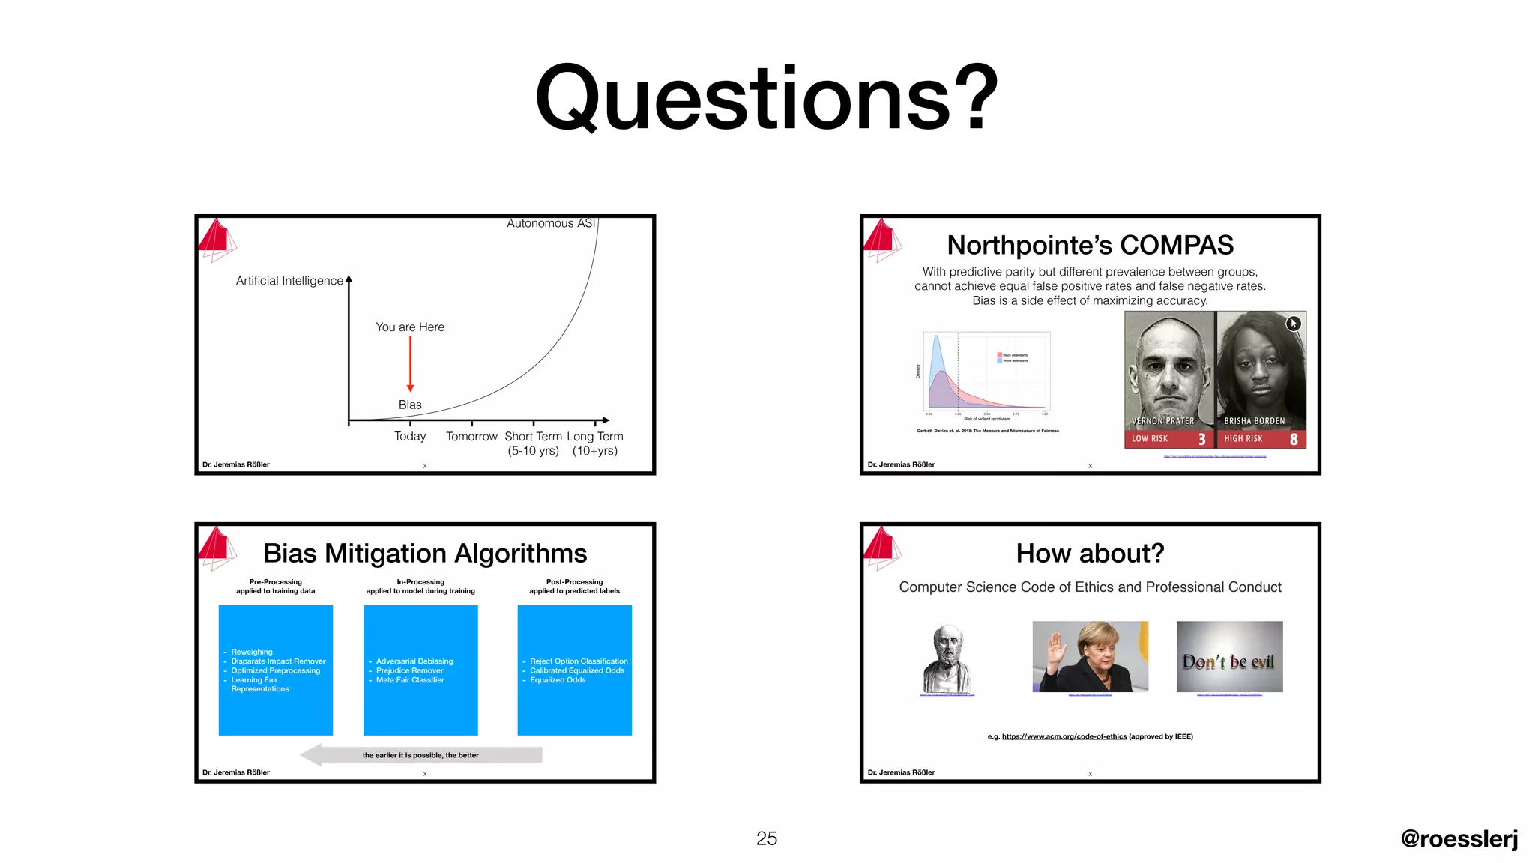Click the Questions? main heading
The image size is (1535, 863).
pos(767,98)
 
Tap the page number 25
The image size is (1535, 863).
pos(766,838)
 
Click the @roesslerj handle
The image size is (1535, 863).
pos(1459,838)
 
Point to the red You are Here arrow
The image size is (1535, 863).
pos(410,364)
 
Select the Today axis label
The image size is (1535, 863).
pos(410,436)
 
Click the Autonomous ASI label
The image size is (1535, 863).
pos(550,223)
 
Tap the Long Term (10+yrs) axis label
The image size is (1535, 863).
pos(595,443)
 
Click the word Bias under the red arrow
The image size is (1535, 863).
pos(410,405)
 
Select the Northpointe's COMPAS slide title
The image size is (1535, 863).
pos(1090,245)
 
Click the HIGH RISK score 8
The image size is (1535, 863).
pos(1294,440)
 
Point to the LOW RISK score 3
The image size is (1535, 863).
pos(1201,440)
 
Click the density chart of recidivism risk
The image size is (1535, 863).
pos(986,372)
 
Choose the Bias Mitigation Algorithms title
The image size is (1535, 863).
pos(425,553)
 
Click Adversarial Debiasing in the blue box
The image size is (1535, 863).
pos(414,661)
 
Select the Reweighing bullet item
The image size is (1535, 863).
pos(252,652)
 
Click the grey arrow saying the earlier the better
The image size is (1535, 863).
pos(420,755)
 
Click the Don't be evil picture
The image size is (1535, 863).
pos(1229,657)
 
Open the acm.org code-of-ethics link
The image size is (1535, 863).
pos(1064,736)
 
